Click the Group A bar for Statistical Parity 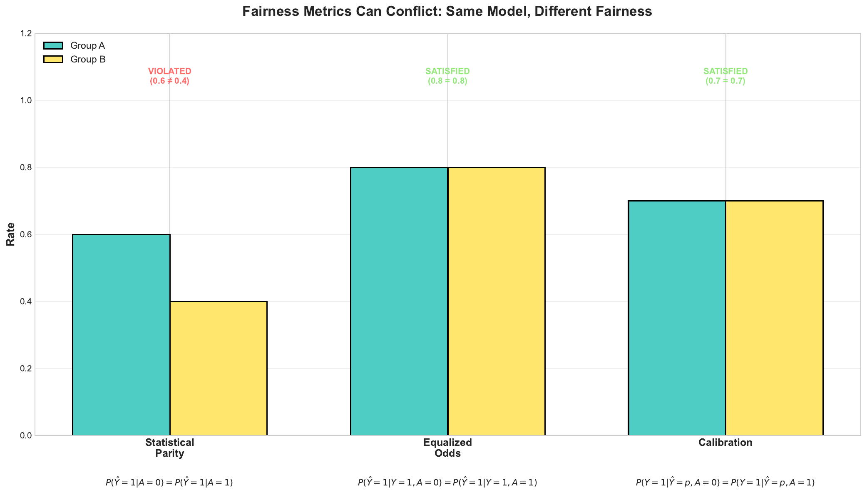(x=121, y=335)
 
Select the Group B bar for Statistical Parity (x=218, y=368)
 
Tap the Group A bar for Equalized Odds (x=399, y=301)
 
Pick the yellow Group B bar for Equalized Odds (x=496, y=301)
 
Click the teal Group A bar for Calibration (x=677, y=318)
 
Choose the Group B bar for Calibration (x=774, y=318)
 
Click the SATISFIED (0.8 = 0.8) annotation (x=447, y=76)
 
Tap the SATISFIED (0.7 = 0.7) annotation (x=725, y=76)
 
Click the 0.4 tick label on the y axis (x=26, y=301)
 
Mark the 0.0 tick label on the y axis (x=26, y=435)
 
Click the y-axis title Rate (x=11, y=234)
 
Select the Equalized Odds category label (x=447, y=448)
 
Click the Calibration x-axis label (x=725, y=443)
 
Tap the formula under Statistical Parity (x=169, y=483)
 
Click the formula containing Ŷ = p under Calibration (x=725, y=483)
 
